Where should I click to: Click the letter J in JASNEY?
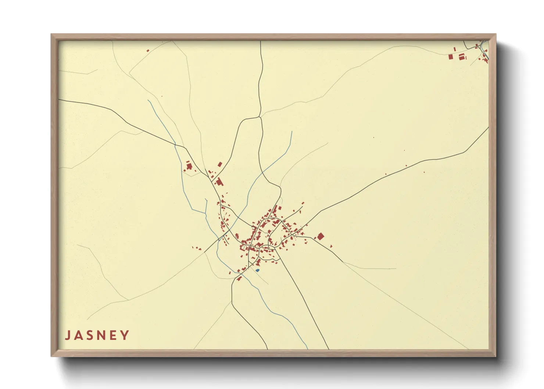[x=68, y=335]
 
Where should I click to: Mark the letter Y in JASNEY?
[x=126, y=335]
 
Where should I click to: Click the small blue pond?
[x=257, y=270]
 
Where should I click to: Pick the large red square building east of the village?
[x=321, y=236]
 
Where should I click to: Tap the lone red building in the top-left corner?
[x=148, y=50]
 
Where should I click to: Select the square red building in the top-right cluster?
[x=451, y=57]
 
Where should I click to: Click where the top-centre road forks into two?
[x=260, y=117]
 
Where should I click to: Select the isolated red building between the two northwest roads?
[x=220, y=164]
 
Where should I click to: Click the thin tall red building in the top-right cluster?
[x=455, y=49]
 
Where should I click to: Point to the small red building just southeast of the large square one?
[x=331, y=246]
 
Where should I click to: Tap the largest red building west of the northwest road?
[x=190, y=166]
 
